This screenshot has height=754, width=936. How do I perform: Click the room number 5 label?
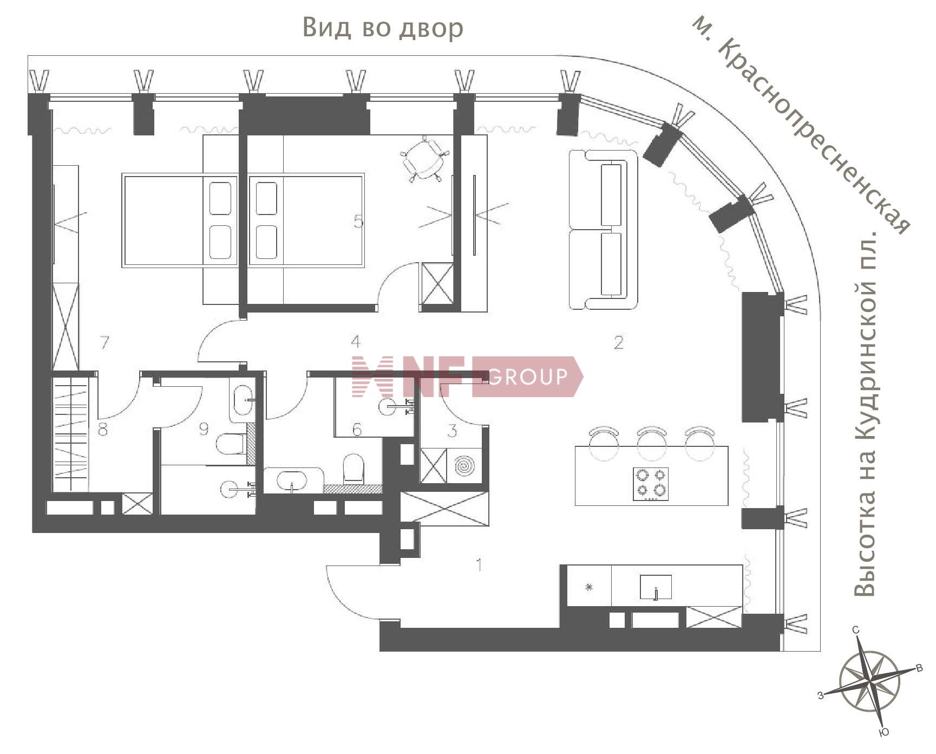358,221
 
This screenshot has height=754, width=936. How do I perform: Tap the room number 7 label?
104,342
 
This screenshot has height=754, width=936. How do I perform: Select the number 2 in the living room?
618,342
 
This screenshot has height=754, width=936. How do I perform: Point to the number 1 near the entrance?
479,565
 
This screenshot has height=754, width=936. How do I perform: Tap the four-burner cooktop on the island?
651,484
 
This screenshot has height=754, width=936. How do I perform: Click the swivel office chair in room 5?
426,158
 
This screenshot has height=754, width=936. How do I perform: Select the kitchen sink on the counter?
656,587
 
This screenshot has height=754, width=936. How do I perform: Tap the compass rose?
869,682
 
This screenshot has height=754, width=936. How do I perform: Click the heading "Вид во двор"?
383,28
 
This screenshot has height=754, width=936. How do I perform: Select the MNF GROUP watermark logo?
467,376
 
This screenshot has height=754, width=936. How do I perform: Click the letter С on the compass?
856,630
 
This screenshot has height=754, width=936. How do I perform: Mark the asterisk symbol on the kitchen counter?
589,587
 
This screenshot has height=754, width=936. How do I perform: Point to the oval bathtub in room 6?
292,479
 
